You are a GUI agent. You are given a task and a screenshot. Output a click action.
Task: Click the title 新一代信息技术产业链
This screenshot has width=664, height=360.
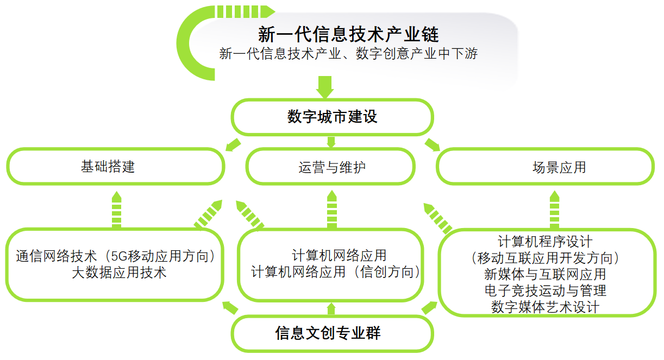point(348,35)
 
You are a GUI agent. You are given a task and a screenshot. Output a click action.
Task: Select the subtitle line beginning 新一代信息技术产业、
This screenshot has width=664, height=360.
point(348,54)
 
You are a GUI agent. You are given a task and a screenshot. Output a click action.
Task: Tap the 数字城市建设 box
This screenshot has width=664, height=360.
point(332,117)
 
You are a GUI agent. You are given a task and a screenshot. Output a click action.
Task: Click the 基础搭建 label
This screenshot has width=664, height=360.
point(108,166)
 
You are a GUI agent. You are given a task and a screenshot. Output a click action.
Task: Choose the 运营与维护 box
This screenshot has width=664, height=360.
point(330,167)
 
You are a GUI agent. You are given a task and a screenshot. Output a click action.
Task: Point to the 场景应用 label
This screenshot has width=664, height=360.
point(559,167)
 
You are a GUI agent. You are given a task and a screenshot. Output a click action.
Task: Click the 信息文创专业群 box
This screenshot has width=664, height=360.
point(332,333)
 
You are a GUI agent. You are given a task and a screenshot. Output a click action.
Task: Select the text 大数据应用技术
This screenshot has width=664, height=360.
point(119,273)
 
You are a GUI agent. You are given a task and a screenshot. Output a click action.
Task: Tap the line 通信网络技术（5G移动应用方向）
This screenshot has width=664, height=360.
point(116,256)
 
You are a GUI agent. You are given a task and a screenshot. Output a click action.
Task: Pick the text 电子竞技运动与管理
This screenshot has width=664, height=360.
point(546,290)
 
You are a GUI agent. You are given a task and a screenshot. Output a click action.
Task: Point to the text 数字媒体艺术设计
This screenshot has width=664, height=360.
point(546,307)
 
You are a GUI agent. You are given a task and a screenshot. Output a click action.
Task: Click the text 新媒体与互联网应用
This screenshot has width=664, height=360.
point(546,274)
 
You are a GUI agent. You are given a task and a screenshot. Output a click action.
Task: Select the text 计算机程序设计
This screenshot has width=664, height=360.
point(546,242)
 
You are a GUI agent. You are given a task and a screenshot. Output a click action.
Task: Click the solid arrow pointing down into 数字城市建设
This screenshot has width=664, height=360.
point(325,87)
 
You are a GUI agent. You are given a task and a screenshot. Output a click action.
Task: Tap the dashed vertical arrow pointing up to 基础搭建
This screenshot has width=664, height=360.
point(116,210)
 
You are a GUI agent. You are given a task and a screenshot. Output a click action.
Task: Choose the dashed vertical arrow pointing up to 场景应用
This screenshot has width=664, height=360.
point(554,210)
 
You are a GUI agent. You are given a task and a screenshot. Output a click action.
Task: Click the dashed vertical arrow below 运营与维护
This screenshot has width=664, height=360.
point(331,210)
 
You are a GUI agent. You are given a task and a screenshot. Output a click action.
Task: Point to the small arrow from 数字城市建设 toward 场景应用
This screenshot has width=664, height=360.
point(432,145)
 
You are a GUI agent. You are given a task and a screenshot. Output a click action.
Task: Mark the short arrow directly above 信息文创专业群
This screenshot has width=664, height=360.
point(331,309)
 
